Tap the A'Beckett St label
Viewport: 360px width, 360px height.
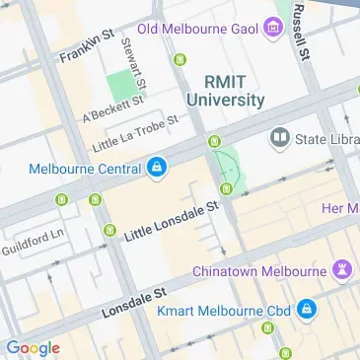[x=115, y=108]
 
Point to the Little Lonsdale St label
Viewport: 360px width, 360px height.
[x=170, y=224]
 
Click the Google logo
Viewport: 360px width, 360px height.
[x=33, y=347]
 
